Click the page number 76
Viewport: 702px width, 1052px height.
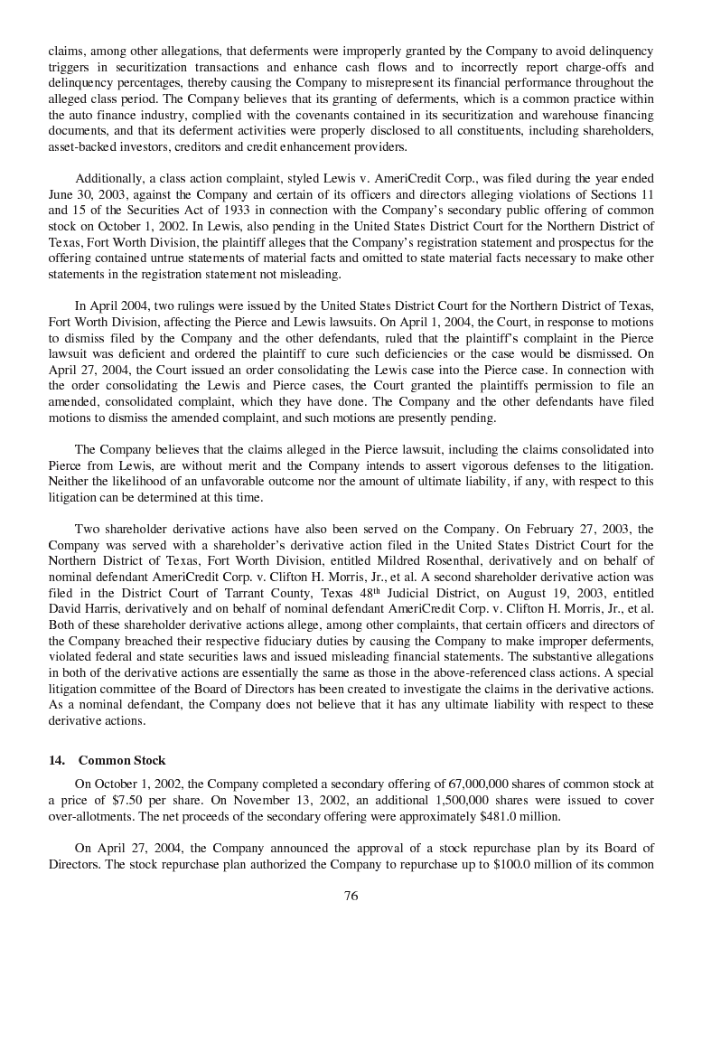[x=351, y=896]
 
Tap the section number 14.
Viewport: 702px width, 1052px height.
[x=56, y=760]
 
